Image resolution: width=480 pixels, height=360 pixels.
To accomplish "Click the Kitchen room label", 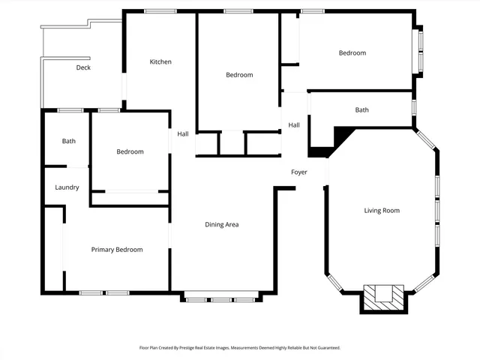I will click(160, 61).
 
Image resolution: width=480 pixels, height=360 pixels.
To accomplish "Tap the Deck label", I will click(83, 67).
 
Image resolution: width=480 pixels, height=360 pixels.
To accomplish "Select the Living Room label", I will click(382, 211).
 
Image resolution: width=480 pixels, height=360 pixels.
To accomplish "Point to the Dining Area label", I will click(222, 224).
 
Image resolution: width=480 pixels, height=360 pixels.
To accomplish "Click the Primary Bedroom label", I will click(117, 250).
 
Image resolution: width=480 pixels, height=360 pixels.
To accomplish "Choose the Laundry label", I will click(67, 187).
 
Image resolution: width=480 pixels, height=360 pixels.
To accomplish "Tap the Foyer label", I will click(299, 172).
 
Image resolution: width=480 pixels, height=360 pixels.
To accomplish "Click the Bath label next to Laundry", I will click(69, 141).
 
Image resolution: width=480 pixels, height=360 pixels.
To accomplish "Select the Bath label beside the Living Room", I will click(361, 110).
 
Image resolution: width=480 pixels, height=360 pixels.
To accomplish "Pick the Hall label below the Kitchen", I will click(183, 134).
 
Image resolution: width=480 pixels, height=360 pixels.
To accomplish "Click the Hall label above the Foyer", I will click(294, 125).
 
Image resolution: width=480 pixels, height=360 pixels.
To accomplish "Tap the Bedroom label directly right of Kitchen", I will click(239, 75).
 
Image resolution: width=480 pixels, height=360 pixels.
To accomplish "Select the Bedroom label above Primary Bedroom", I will click(130, 151).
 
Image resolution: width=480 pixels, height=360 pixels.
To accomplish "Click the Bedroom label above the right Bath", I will click(352, 52).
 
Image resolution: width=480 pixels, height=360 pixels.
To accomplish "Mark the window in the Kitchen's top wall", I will click(160, 11).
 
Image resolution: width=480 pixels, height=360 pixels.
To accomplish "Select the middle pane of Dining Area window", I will click(222, 299).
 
